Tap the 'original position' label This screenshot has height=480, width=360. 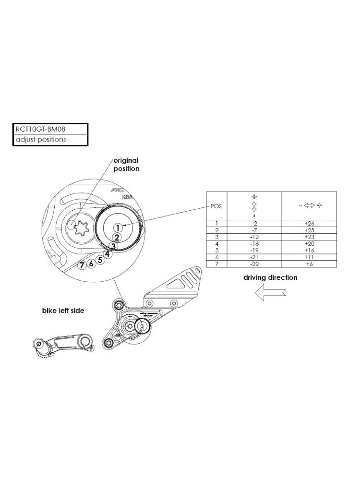click(126, 164)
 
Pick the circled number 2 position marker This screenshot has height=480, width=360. click(116, 237)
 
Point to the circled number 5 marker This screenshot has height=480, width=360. click(100, 260)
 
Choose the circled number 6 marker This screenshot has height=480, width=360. click(91, 264)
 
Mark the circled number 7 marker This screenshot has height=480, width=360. click(83, 265)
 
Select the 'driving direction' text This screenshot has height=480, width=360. click(270, 277)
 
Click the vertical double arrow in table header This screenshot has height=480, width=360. click(253, 206)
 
